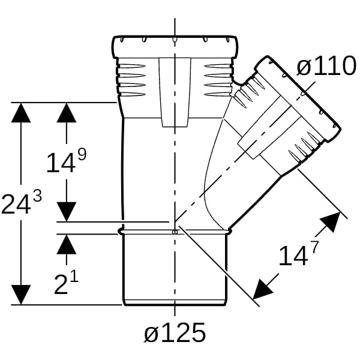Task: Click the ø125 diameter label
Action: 175,332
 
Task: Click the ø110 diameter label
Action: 326,65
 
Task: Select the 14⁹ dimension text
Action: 67,161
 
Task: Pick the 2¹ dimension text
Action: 67,283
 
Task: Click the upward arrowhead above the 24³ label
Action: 21,113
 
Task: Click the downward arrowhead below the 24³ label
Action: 21,295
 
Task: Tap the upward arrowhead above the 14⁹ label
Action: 67,113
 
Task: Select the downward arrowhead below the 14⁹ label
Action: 67,212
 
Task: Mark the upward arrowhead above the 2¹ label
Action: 67,244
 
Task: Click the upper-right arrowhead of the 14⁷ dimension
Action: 331,221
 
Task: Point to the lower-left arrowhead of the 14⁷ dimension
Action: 262,290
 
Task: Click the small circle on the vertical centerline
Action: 175,232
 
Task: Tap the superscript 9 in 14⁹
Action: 82,154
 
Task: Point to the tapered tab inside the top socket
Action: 175,92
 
